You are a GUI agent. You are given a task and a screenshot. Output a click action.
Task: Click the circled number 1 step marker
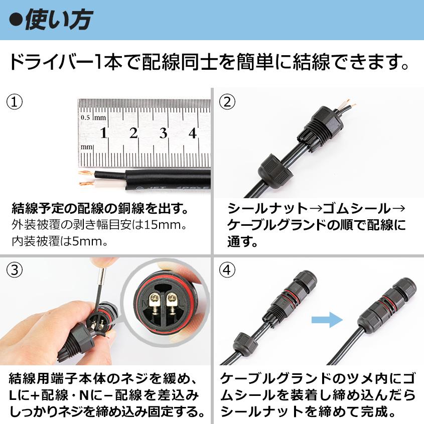point(15,102)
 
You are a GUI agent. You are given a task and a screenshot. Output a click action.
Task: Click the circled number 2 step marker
point(227,102)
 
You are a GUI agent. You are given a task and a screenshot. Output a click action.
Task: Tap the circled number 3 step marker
point(15,270)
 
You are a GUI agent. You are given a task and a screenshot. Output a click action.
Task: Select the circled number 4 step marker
point(227,270)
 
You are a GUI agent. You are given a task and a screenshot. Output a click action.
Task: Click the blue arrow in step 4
point(327,320)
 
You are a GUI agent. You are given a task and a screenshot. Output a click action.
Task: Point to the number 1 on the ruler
point(103,133)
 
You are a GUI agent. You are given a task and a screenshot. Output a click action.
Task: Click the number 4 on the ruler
point(192,133)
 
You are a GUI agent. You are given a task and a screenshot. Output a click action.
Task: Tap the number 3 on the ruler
point(163,133)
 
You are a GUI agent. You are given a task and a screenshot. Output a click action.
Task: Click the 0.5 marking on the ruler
point(85,117)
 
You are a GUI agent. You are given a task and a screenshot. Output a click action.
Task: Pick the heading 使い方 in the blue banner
point(59,20)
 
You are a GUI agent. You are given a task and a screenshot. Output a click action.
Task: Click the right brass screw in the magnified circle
point(171,304)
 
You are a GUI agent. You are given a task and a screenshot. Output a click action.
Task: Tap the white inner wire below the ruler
point(109,185)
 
